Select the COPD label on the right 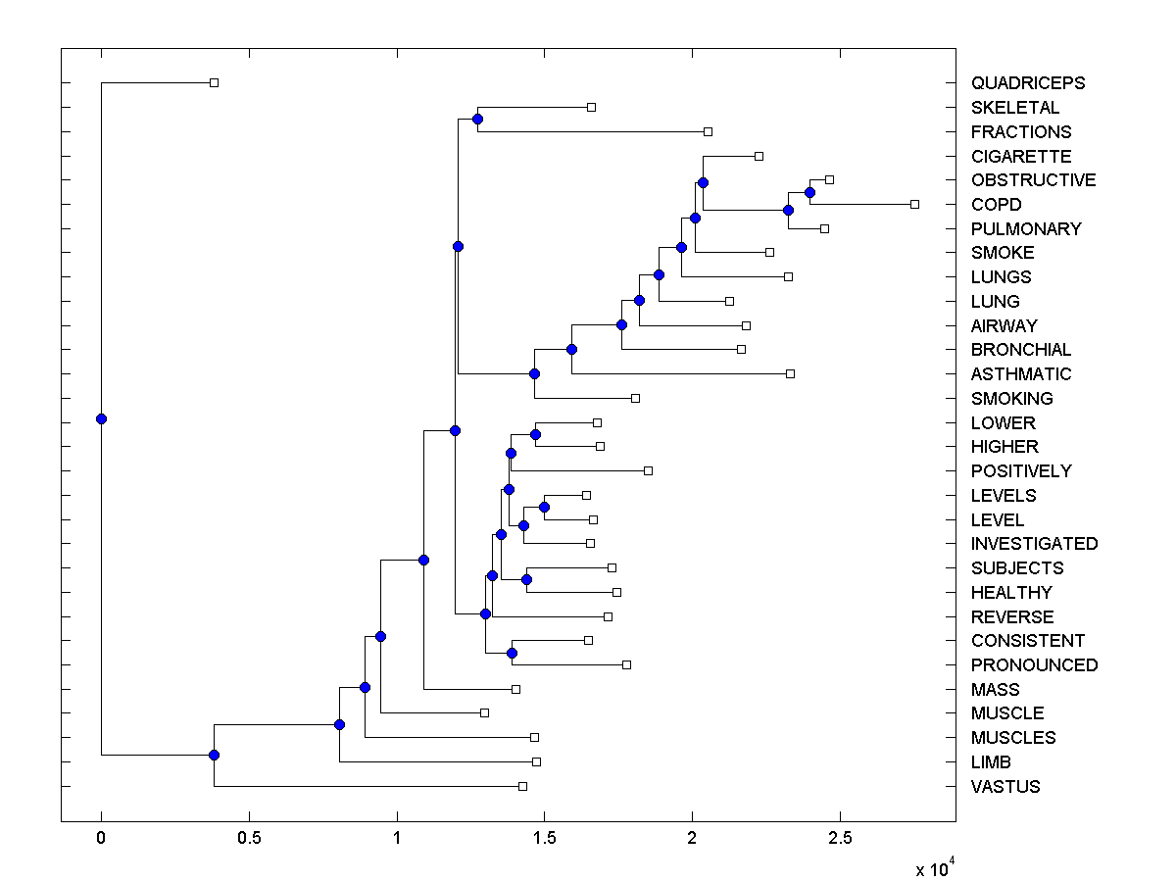pos(996,205)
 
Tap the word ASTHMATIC pos(1021,374)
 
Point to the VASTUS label pos(1005,787)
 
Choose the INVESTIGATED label pos(1034,544)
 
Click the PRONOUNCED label pos(1034,665)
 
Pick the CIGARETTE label pos(1021,157)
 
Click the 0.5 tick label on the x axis pos(249,838)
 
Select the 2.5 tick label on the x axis pos(840,838)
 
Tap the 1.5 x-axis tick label pos(544,838)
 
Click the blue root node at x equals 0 pos(101,419)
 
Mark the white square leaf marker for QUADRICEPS pos(215,83)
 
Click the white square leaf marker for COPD pos(914,205)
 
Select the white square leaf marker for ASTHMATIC pos(791,373)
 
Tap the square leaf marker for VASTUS pos(522,786)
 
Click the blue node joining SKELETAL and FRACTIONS pos(477,120)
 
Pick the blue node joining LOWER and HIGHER pos(535,434)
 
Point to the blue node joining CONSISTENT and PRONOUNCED pos(512,653)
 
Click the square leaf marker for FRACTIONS pos(709,131)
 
